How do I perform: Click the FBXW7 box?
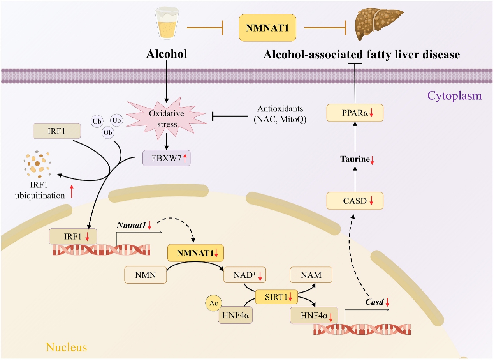(x=167, y=158)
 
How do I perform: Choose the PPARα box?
(x=355, y=113)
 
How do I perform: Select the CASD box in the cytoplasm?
(x=355, y=201)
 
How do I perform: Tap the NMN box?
(x=145, y=275)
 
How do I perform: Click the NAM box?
(x=311, y=275)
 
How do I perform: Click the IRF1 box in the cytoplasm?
(x=57, y=131)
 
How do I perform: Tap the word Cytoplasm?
(x=454, y=95)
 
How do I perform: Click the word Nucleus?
(x=66, y=347)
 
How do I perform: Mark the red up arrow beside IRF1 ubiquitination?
(x=72, y=192)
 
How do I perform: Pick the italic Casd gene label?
(x=374, y=302)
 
